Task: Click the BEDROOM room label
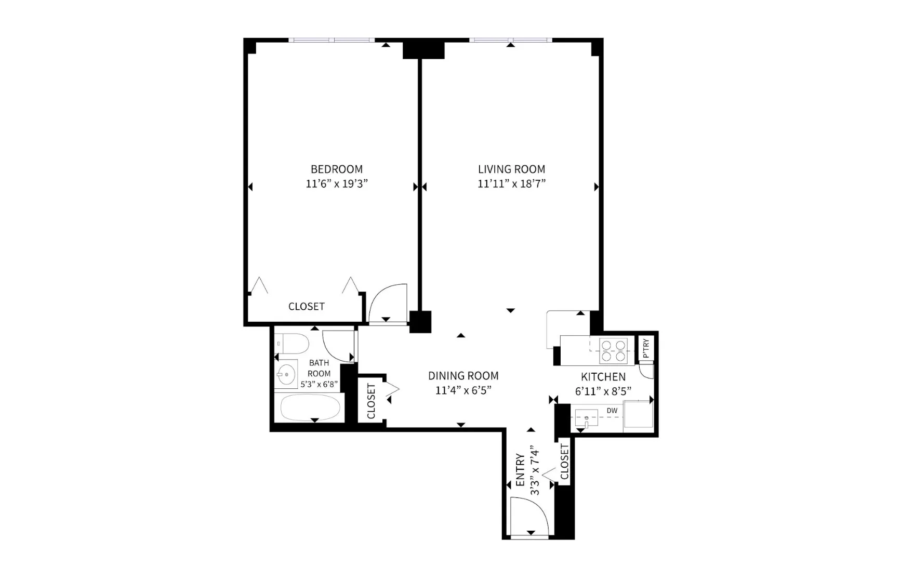click(336, 169)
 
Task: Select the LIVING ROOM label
click(511, 169)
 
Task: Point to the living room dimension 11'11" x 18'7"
click(511, 183)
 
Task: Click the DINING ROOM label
click(463, 375)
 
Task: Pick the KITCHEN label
click(603, 377)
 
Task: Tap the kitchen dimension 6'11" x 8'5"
click(603, 391)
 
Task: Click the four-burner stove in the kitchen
click(613, 350)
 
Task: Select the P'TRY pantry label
click(646, 348)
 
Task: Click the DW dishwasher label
click(612, 411)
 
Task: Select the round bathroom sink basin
click(285, 373)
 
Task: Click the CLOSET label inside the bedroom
click(306, 307)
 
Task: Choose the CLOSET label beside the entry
click(564, 462)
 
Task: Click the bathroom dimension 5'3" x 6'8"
click(319, 385)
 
